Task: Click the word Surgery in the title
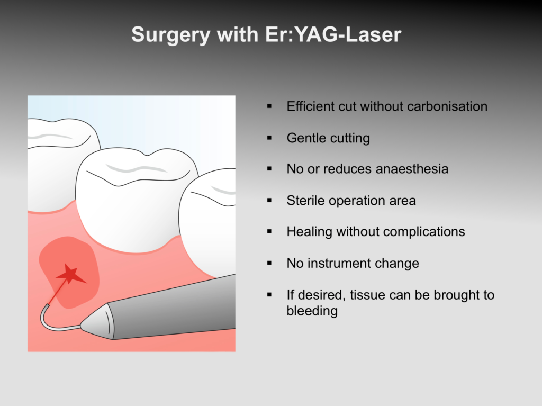[171, 35]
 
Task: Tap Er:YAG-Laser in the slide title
[333, 34]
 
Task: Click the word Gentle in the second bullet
[306, 138]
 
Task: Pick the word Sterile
[305, 200]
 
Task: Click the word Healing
[309, 232]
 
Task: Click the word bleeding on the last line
[312, 311]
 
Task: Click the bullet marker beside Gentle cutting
[269, 138]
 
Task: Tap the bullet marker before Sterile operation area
[269, 201]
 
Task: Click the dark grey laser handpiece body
[173, 308]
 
